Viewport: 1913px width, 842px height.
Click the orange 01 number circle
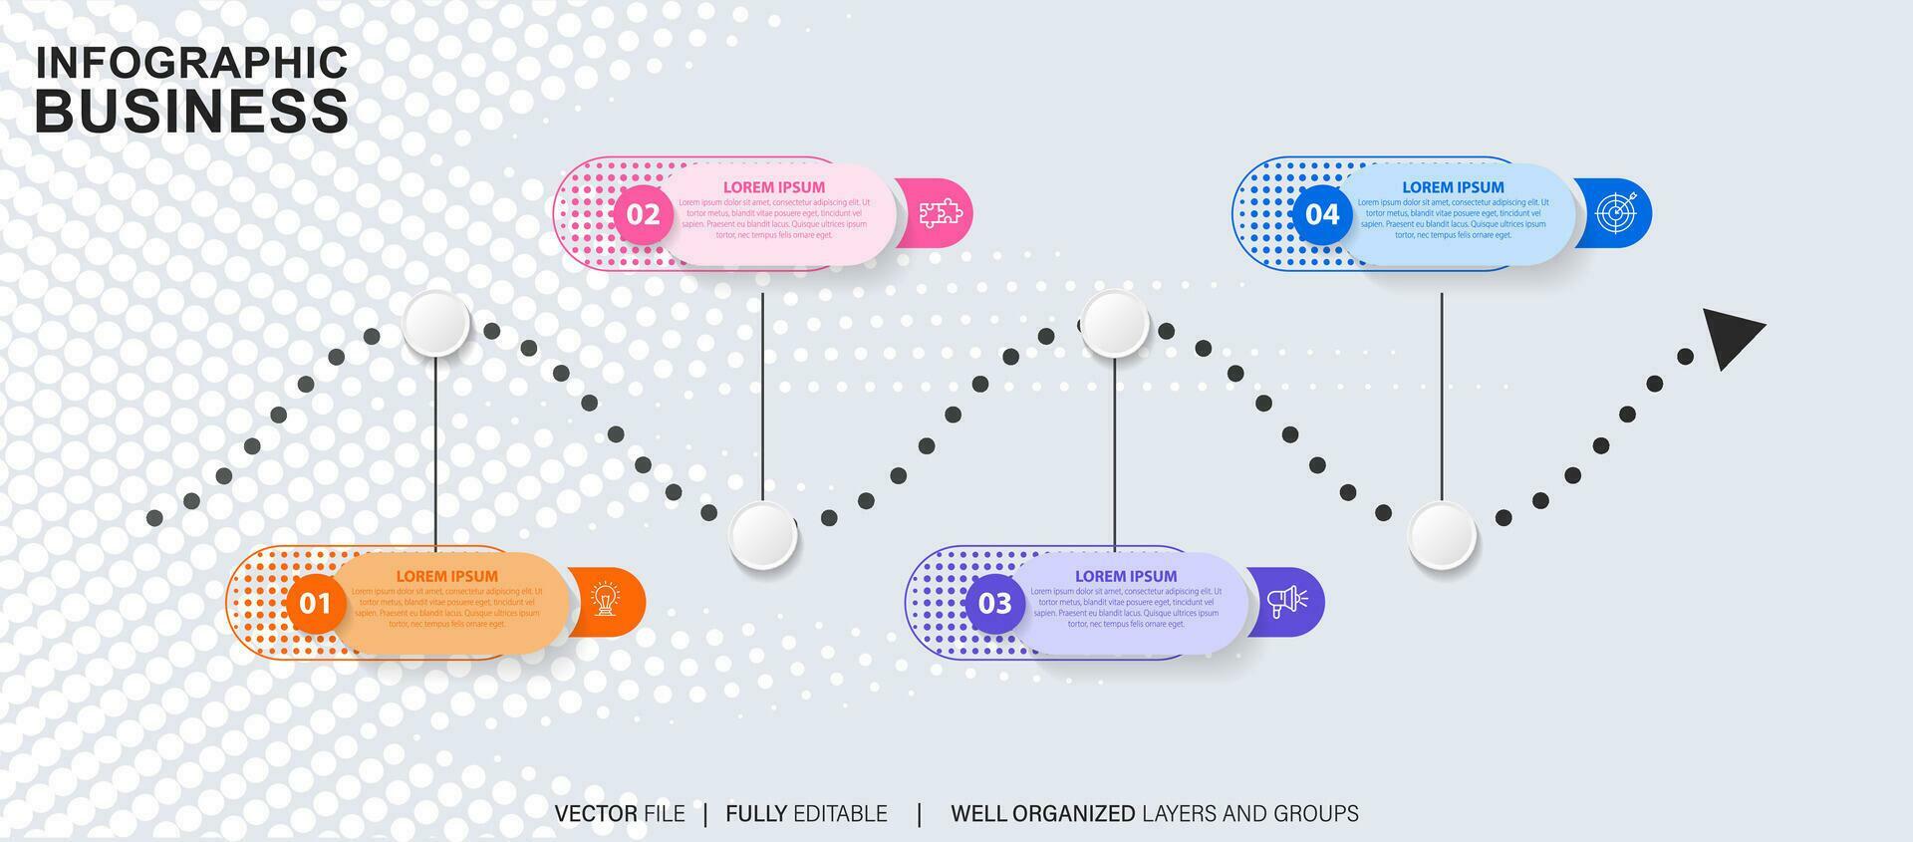[315, 603]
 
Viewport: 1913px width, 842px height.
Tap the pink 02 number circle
[643, 214]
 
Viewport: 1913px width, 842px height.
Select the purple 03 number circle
[994, 603]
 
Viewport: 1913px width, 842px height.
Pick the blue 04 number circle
[1322, 214]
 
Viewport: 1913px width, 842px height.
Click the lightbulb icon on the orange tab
[605, 600]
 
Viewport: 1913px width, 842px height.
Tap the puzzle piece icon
[940, 212]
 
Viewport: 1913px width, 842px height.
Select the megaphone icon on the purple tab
[1286, 601]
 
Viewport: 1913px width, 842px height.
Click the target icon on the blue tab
[1616, 212]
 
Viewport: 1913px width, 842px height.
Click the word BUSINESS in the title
[191, 111]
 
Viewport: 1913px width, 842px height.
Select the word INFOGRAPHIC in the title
[191, 63]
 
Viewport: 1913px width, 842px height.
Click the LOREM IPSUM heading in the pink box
[774, 187]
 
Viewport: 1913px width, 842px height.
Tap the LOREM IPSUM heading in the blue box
[1453, 187]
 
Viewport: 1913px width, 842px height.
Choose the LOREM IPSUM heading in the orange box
[446, 576]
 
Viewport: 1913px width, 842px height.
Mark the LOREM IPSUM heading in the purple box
[1126, 576]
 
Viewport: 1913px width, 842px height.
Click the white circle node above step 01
[436, 323]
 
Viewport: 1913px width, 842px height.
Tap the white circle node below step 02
[762, 535]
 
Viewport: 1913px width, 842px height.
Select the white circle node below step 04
[1442, 535]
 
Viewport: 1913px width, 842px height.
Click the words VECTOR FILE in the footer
[620, 814]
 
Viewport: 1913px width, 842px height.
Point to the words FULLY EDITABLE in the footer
[806, 814]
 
